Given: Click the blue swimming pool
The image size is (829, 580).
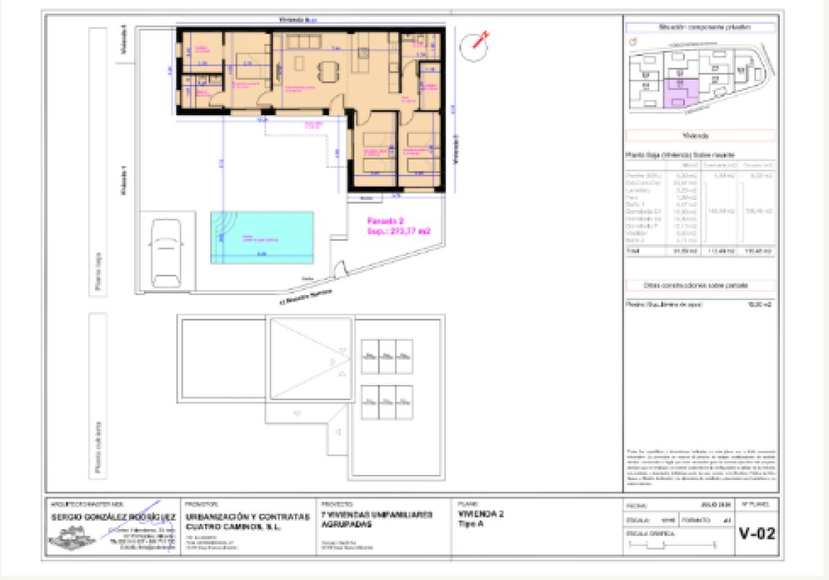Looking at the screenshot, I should pos(262,237).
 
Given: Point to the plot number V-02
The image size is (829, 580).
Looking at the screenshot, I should pos(757,534).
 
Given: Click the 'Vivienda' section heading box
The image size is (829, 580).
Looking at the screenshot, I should pos(699,136).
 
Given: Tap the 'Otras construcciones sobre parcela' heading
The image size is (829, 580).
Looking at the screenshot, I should pos(699,286).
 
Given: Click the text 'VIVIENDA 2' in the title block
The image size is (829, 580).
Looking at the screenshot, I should pos(481,514).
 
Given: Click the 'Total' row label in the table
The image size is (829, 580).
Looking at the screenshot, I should pos(633,251).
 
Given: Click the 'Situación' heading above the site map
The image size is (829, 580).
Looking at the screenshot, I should pos(699,27).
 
